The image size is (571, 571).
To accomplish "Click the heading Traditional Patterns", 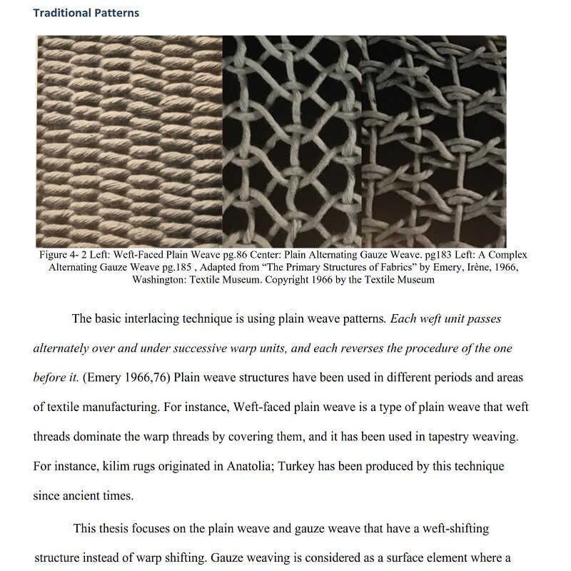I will point(86,13).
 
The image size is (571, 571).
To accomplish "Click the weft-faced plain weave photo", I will point(129,141).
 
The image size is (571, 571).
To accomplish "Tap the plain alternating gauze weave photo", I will point(293,141).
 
